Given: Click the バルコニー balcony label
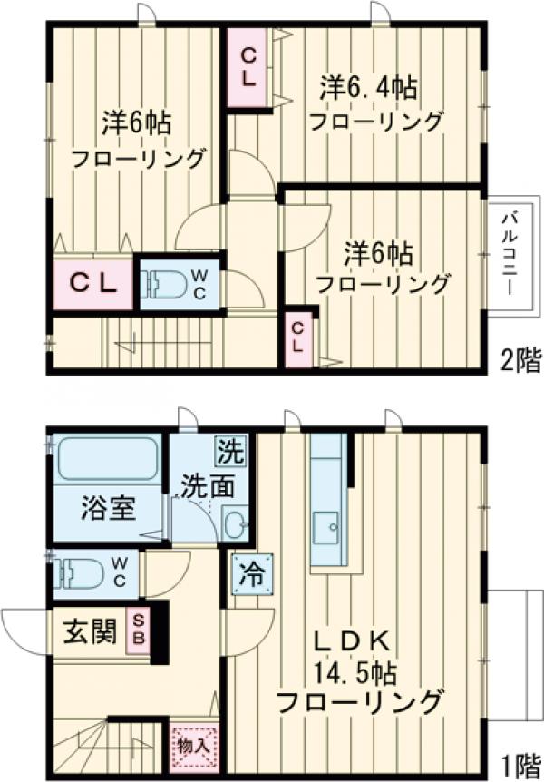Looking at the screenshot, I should (509, 248).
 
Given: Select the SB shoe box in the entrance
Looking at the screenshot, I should (139, 628).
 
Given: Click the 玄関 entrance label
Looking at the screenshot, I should (90, 630).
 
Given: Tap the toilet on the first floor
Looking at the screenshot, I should (78, 572).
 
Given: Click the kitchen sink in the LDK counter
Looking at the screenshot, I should (325, 525).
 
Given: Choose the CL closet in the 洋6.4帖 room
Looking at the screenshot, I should (248, 66).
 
